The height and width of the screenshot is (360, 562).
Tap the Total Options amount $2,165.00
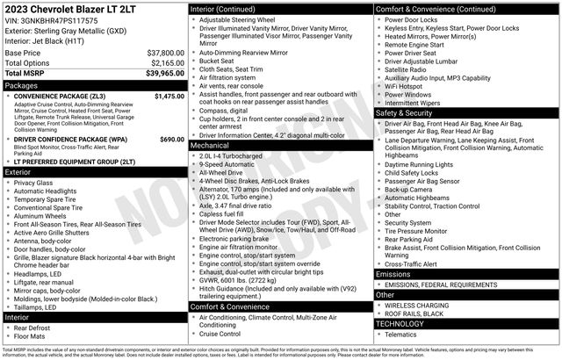point(166,63)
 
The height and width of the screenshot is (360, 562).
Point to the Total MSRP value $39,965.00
point(163,75)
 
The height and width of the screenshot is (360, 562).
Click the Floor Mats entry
point(29,335)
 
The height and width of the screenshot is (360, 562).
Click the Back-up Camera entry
point(408,189)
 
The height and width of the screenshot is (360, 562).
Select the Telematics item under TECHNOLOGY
point(406,334)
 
